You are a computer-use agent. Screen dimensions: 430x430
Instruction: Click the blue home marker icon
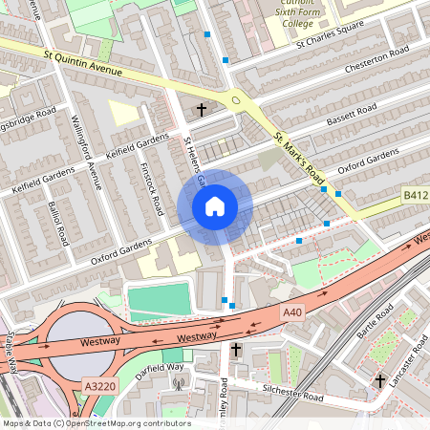pyautogui.click(x=215, y=206)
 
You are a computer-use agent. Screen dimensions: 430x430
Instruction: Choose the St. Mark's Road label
pyautogui.click(x=302, y=159)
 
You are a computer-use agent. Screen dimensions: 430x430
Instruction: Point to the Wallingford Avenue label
pyautogui.click(x=86, y=152)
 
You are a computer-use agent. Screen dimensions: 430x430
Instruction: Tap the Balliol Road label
pyautogui.click(x=58, y=222)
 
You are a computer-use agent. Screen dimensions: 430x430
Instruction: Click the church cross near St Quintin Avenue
pyautogui.click(x=202, y=110)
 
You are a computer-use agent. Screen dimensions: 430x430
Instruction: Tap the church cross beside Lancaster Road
pyautogui.click(x=379, y=381)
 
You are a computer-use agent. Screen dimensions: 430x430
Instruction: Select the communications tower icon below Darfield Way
pyautogui.click(x=178, y=385)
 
